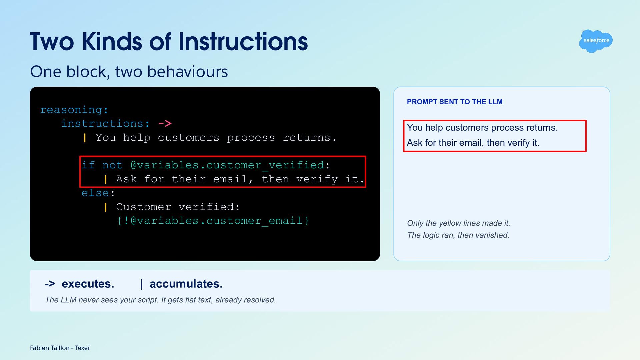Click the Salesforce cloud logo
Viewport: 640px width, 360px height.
596,41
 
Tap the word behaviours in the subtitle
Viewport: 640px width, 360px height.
188,71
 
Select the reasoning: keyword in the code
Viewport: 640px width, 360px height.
74,110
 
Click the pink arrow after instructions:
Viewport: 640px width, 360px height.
165,124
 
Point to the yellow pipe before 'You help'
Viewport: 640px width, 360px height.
85,138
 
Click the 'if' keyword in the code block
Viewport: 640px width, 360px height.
88,165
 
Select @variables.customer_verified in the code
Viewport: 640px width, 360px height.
227,165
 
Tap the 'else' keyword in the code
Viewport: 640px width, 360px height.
95,193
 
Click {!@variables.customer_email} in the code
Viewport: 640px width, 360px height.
213,221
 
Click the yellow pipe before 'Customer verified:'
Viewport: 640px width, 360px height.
106,207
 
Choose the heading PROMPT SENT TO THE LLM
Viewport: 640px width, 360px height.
455,102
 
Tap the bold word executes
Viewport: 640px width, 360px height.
88,284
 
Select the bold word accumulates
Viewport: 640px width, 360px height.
186,284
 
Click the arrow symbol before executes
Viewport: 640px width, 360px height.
50,284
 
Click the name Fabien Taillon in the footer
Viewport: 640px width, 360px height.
50,348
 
